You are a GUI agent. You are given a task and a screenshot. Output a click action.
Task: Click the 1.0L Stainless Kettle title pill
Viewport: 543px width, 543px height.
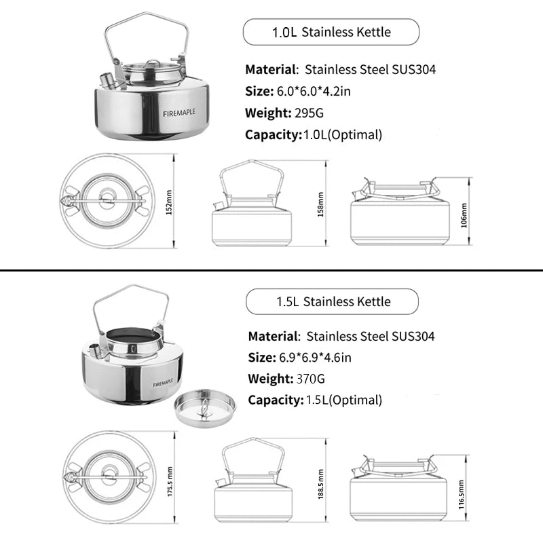click(331, 32)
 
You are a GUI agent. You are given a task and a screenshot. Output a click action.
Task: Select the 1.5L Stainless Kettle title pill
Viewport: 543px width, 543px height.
click(332, 301)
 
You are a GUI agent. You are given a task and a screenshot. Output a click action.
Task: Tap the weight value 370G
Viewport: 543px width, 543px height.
click(312, 379)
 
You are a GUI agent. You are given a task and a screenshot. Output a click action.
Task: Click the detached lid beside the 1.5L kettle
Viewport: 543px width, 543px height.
click(204, 407)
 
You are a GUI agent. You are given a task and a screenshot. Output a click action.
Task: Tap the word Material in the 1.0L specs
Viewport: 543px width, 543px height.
click(271, 69)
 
